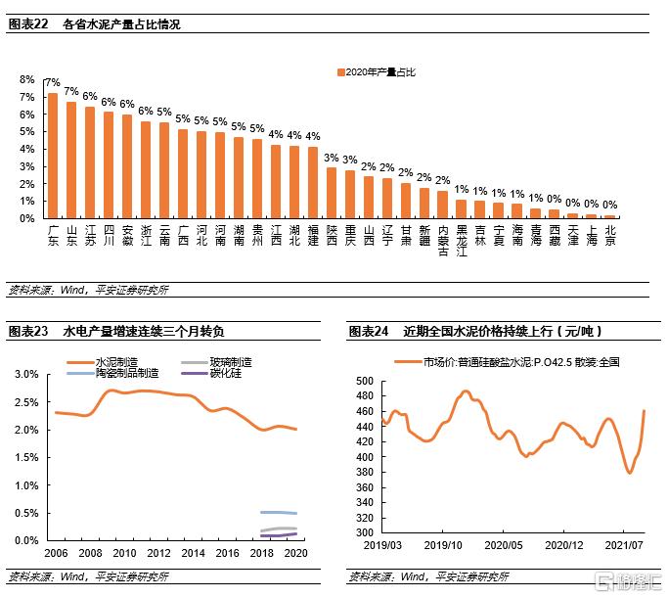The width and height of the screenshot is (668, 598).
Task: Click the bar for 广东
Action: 53,156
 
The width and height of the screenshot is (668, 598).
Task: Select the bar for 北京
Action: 610,216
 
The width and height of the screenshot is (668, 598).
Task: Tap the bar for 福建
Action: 313,182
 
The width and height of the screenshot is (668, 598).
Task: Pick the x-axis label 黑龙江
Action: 462,240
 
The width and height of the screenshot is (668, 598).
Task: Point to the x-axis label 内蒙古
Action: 443,240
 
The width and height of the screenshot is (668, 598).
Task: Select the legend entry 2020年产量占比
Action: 380,71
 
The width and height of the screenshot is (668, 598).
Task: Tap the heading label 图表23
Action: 28,332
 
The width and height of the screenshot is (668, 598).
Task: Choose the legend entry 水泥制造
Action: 120,362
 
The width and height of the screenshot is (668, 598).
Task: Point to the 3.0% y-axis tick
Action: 26,374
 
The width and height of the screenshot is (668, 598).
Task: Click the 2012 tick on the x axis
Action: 160,553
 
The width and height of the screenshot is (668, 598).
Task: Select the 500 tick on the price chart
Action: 364,381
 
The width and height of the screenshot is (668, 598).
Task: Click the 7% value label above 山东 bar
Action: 71,91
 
